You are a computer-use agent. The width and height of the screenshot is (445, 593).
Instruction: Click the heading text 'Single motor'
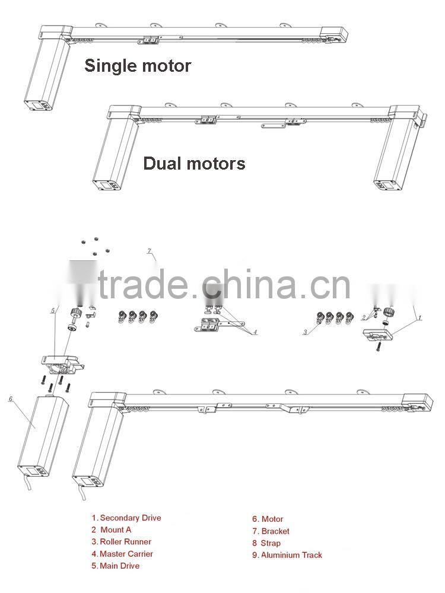click(x=138, y=65)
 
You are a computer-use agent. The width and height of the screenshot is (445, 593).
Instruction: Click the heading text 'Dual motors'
click(x=194, y=163)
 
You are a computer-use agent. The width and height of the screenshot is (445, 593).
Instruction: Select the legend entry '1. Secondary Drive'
click(x=126, y=518)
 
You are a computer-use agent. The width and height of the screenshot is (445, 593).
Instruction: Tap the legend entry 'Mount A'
click(x=112, y=530)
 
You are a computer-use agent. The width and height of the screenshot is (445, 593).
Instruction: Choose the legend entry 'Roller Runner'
click(x=122, y=541)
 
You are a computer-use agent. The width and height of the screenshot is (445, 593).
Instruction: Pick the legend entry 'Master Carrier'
click(x=122, y=554)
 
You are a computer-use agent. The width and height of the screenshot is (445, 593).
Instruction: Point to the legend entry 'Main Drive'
click(x=116, y=566)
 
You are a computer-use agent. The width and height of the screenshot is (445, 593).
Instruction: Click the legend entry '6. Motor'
click(x=268, y=519)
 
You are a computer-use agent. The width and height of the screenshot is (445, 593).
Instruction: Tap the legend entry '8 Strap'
click(x=266, y=543)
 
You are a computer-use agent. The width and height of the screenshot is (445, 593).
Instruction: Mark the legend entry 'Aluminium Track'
click(x=287, y=555)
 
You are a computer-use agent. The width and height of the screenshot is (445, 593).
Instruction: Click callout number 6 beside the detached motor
click(x=11, y=399)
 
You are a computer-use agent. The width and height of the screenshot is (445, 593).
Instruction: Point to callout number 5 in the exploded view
click(x=53, y=310)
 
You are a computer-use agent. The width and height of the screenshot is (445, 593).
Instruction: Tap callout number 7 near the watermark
click(x=150, y=251)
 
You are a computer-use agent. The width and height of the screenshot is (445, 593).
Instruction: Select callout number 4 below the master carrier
click(x=255, y=333)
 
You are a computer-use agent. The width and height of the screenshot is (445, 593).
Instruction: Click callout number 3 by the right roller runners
click(x=306, y=333)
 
